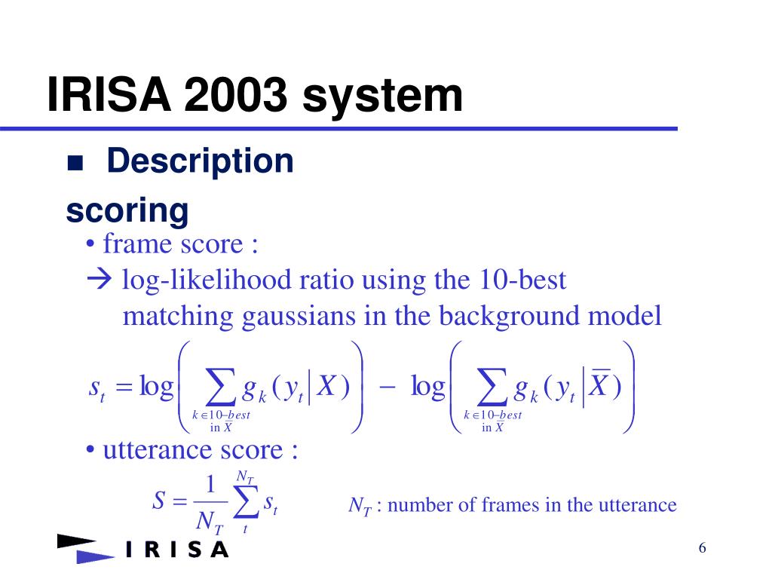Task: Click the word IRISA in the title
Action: point(109,94)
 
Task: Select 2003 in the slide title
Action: point(236,94)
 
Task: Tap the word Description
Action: point(200,162)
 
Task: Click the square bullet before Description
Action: point(75,163)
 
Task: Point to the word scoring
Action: point(127,211)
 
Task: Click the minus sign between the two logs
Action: point(387,388)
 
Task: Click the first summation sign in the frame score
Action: point(219,387)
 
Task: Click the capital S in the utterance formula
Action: point(158,501)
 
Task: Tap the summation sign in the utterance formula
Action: point(246,501)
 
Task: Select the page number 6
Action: point(702,547)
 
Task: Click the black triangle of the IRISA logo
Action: point(76,541)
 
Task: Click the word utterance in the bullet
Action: point(193,450)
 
